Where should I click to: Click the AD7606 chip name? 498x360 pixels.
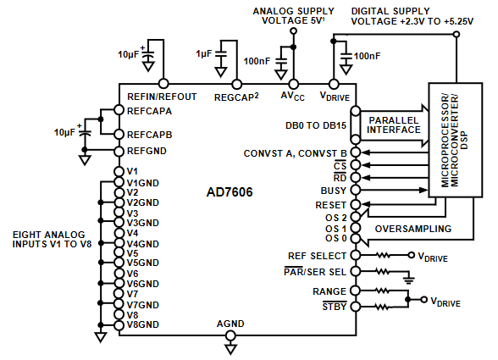[x=230, y=192]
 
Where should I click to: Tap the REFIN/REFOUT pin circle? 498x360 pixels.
[x=163, y=84]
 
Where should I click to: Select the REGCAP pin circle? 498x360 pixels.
[x=236, y=84]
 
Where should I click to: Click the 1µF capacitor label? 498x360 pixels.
[x=203, y=53]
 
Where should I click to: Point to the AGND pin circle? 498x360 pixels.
[x=230, y=335]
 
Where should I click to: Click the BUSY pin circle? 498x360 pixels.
[x=356, y=190]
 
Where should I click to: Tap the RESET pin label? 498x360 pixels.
[x=330, y=205]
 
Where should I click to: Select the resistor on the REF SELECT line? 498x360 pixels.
[x=383, y=255]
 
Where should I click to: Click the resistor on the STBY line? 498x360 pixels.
[x=383, y=307]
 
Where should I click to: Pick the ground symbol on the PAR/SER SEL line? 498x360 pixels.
[x=409, y=280]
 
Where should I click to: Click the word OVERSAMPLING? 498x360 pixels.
[x=413, y=229]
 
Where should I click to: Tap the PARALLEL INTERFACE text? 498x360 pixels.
[x=394, y=125]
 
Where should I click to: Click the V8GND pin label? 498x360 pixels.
[x=142, y=324]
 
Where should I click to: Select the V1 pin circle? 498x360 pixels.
[x=119, y=172]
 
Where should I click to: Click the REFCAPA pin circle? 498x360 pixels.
[x=119, y=110]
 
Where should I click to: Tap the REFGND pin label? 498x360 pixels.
[x=147, y=151]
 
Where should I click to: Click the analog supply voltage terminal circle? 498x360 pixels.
[x=294, y=30]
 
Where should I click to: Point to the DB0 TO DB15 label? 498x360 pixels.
[x=316, y=125]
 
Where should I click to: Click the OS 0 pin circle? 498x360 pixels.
[x=356, y=238]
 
